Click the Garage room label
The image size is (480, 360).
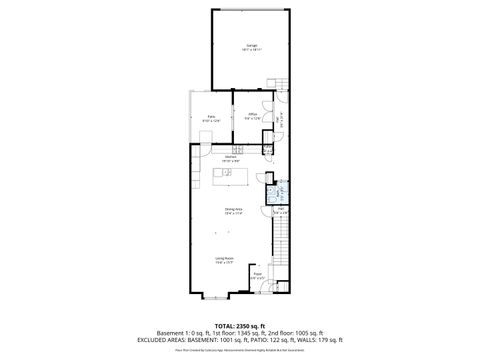pos(252,47)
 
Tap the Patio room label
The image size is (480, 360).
pos(212,117)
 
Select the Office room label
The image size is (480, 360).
pos(254,116)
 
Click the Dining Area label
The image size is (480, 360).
pos(231,210)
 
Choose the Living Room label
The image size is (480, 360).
pos(224,260)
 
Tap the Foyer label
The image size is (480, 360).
pos(257,274)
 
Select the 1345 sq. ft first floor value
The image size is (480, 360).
pos(252,333)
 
